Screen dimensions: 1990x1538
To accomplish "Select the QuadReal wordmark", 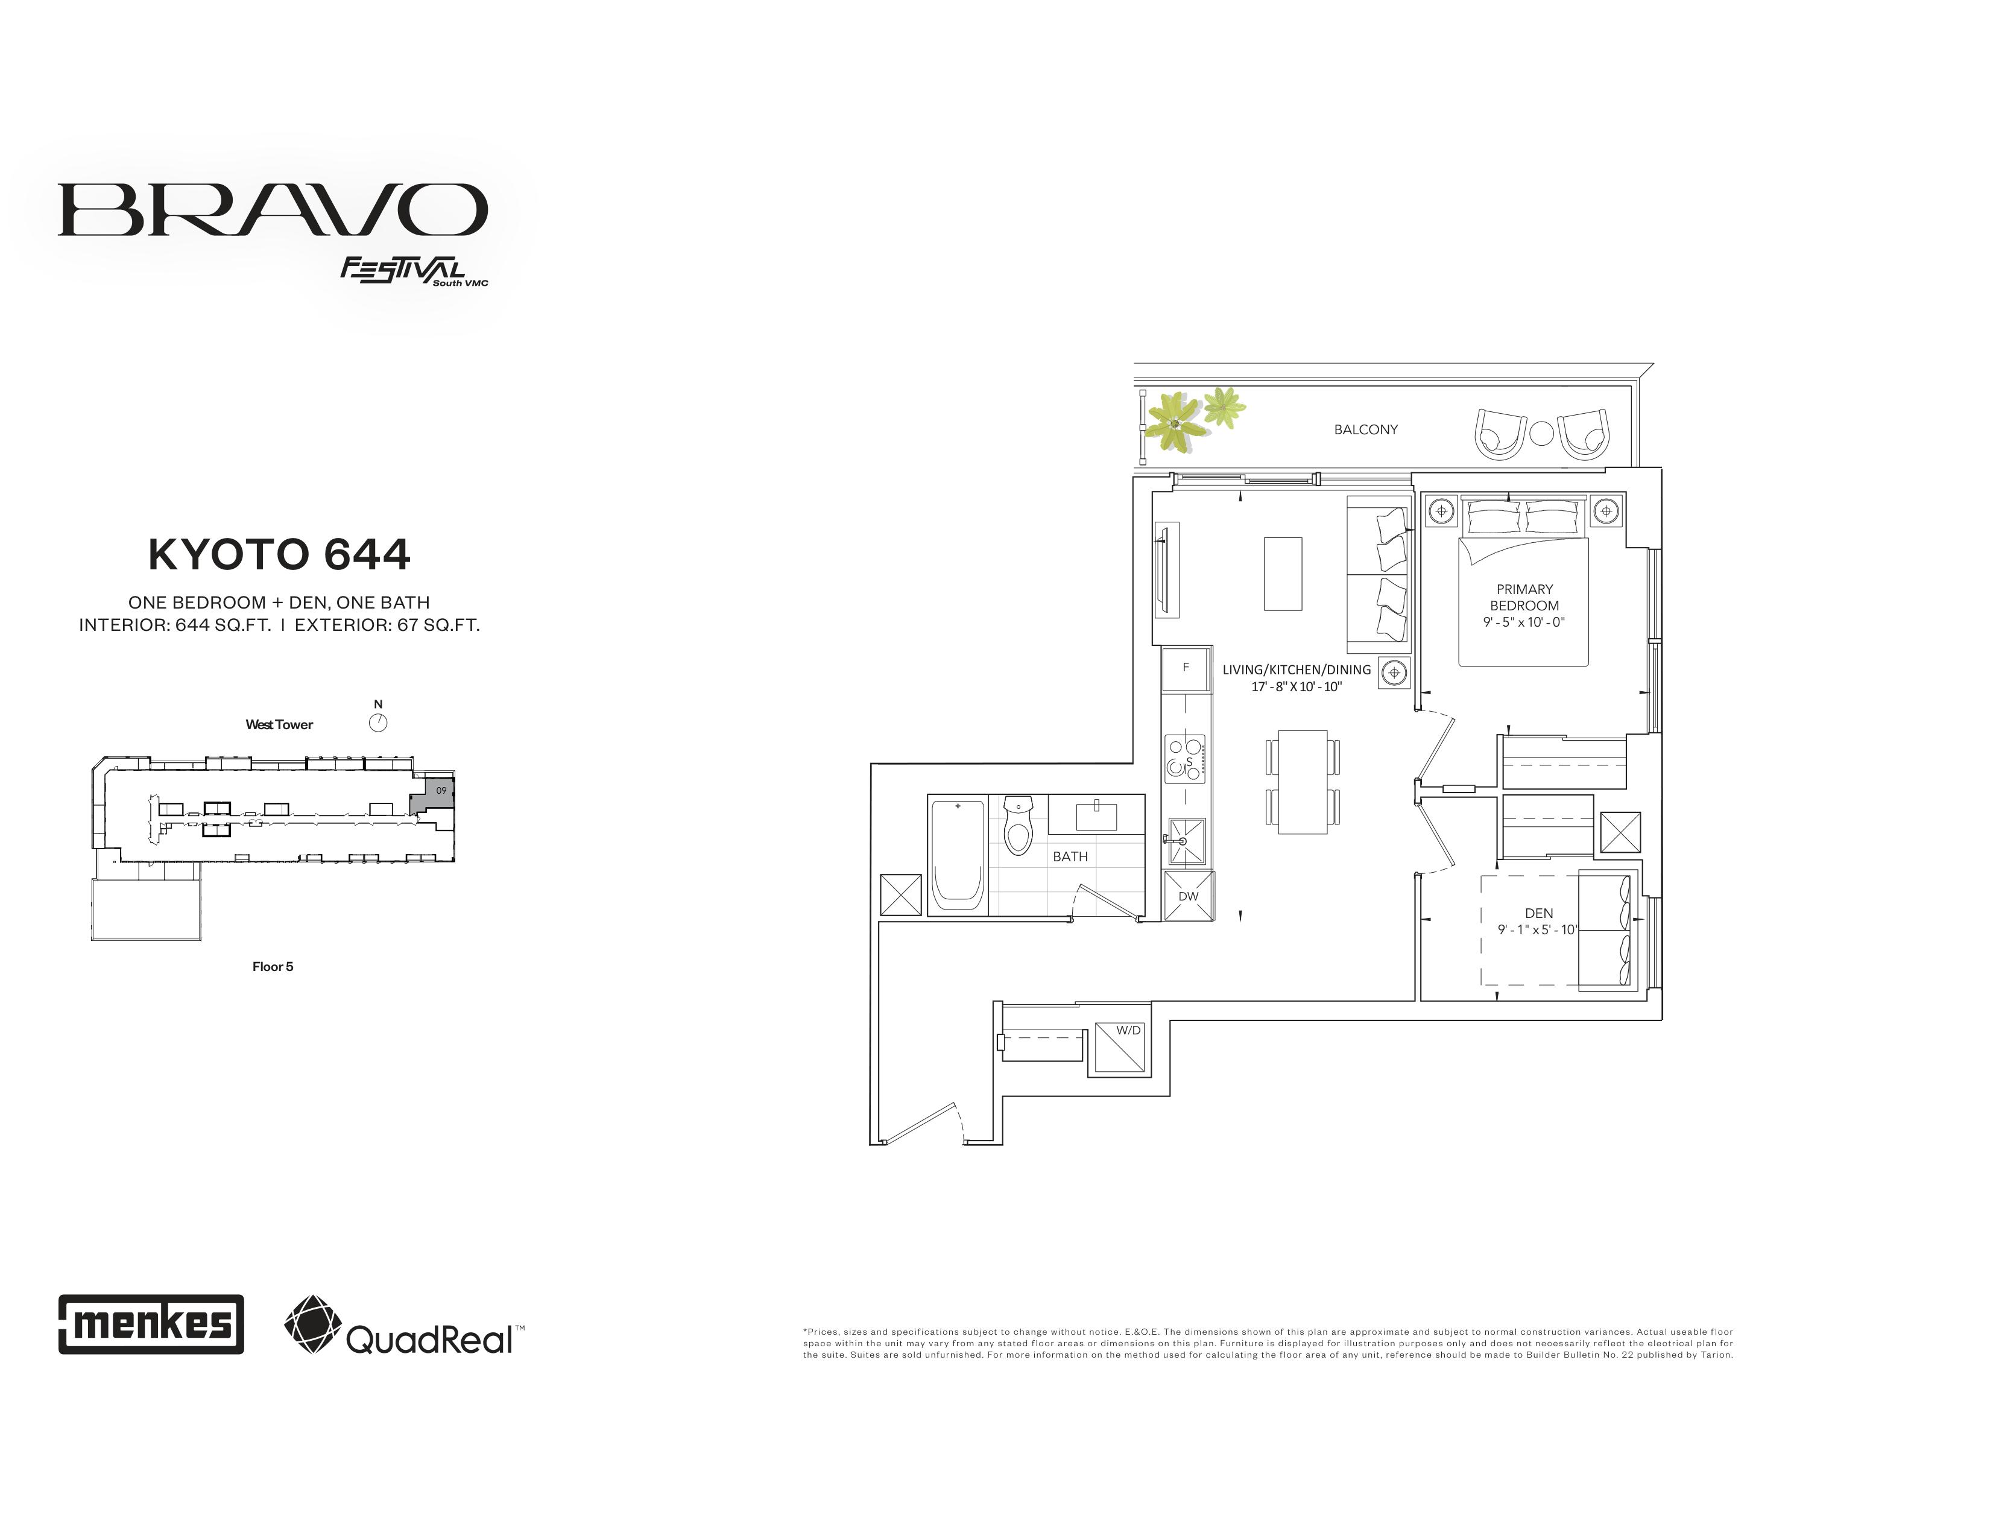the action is click(x=430, y=1340).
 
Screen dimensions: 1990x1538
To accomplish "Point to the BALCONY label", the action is click(x=1366, y=429).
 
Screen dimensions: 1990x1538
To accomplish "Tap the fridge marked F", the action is click(x=1186, y=668).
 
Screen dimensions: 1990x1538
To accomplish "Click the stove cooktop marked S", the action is click(x=1184, y=759).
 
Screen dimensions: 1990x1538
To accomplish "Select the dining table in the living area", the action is click(x=1303, y=782).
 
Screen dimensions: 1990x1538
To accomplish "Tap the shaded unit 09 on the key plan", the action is click(x=433, y=796).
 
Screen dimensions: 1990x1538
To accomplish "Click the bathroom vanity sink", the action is click(x=1096, y=817).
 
